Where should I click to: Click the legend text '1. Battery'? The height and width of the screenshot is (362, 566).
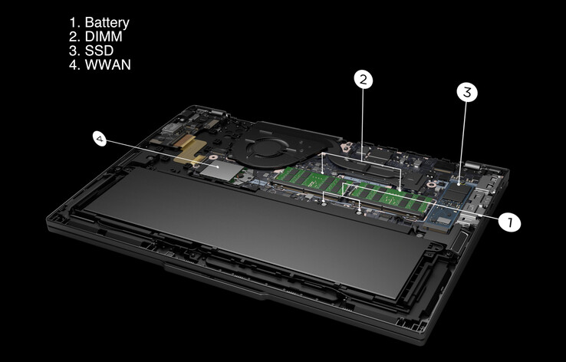click(x=99, y=24)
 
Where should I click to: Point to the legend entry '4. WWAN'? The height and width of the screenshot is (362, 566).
click(x=100, y=65)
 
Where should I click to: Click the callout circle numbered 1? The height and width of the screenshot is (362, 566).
click(x=508, y=222)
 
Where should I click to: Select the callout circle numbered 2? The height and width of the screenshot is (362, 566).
click(x=364, y=78)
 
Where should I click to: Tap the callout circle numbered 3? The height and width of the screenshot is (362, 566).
click(x=467, y=93)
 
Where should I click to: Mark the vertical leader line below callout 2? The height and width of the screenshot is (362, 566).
click(x=364, y=123)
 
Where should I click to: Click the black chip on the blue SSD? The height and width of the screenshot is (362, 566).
click(x=459, y=192)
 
